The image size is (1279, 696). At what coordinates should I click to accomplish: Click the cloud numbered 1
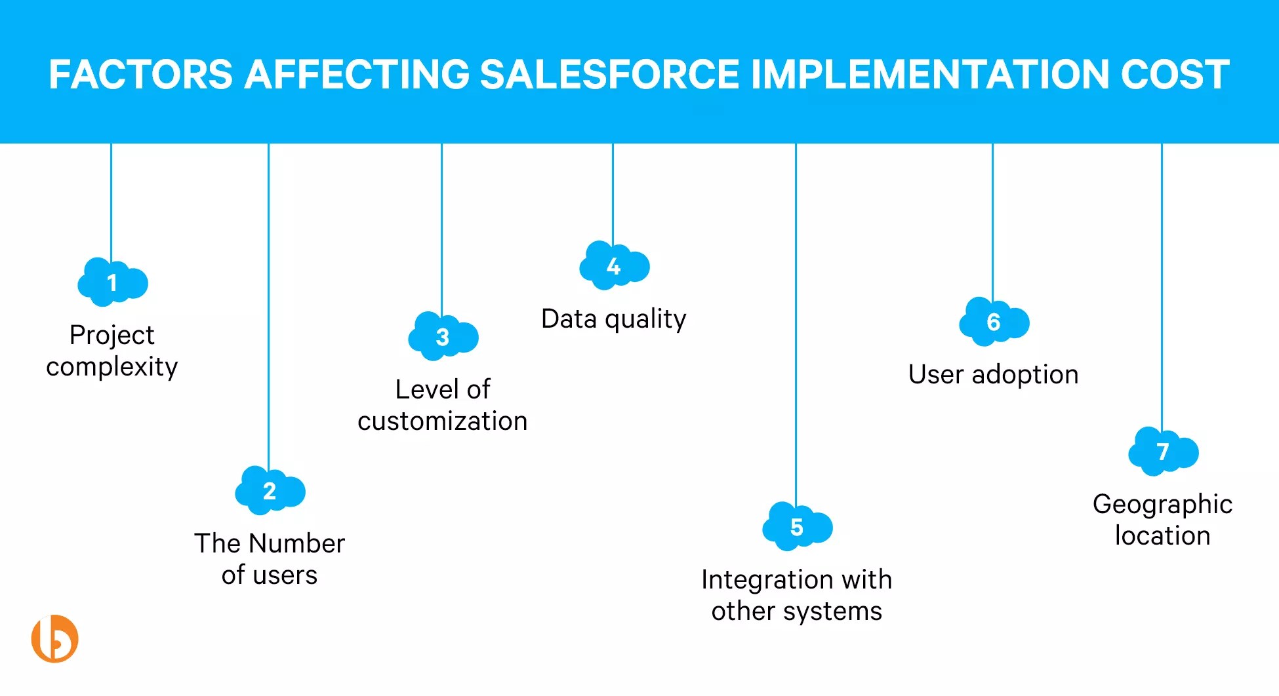[x=113, y=282]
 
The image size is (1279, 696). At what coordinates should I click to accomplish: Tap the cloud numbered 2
[x=270, y=491]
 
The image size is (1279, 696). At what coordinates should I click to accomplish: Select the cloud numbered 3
[x=443, y=337]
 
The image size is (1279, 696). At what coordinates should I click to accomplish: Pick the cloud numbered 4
[x=614, y=266]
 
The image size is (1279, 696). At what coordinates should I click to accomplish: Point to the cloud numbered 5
[x=797, y=527]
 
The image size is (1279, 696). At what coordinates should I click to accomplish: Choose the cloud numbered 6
[x=994, y=322]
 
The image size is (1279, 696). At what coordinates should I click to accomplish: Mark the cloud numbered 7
[x=1163, y=452]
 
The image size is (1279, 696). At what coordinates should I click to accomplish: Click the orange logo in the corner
[x=55, y=638]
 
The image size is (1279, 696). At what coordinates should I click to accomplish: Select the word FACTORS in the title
[x=140, y=74]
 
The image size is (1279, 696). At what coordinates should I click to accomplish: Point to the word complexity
[x=112, y=367]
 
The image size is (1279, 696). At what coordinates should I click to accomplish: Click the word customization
[x=442, y=421]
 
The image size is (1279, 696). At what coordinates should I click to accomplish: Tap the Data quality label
[x=613, y=319]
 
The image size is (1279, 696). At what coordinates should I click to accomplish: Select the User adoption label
[x=993, y=375]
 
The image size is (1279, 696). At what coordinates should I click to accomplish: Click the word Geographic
[x=1162, y=505]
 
